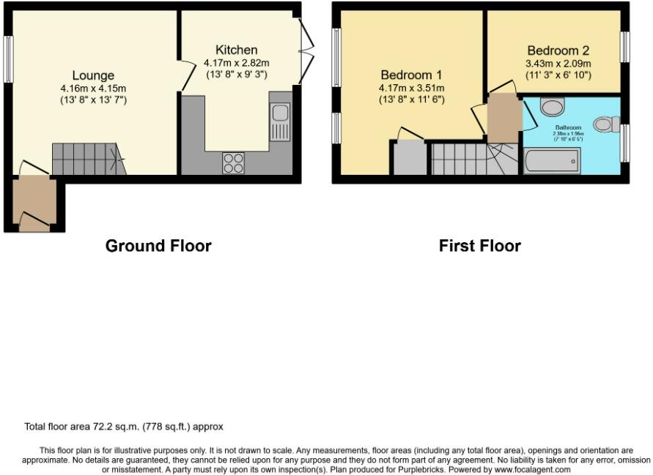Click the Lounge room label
point(93,75)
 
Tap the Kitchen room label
point(236,50)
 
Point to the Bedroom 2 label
point(558,51)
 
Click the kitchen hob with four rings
point(233,162)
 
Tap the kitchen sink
point(279,121)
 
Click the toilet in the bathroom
point(605,124)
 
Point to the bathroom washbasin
point(550,108)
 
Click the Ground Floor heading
point(158,246)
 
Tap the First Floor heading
point(479,246)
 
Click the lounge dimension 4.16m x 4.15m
point(93,89)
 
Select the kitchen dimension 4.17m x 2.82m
point(236,63)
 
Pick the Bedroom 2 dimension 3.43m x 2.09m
point(558,64)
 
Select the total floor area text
point(124,426)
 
